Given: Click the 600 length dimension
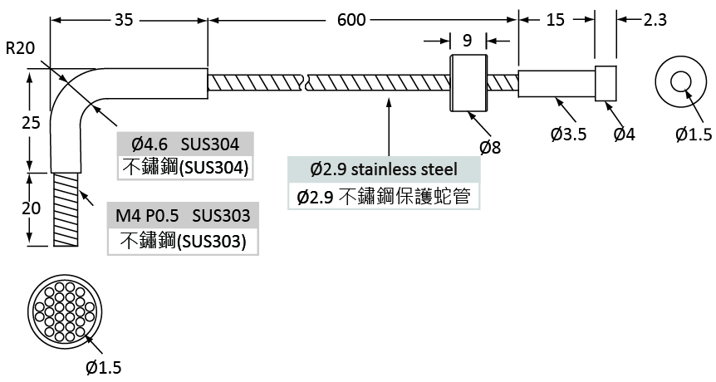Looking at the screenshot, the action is click(x=351, y=20).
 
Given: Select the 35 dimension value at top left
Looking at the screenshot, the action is click(x=123, y=20).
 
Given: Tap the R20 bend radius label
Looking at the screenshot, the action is click(x=20, y=48).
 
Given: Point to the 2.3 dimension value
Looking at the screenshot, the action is click(x=655, y=20).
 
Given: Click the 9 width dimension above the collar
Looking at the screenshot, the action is click(x=467, y=41).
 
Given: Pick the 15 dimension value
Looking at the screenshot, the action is click(x=555, y=20).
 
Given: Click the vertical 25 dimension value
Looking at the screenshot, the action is click(x=31, y=122).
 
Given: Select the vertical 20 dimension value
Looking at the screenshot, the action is click(x=31, y=208).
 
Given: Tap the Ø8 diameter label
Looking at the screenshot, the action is click(x=490, y=147).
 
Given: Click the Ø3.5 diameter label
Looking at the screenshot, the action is click(x=568, y=135).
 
